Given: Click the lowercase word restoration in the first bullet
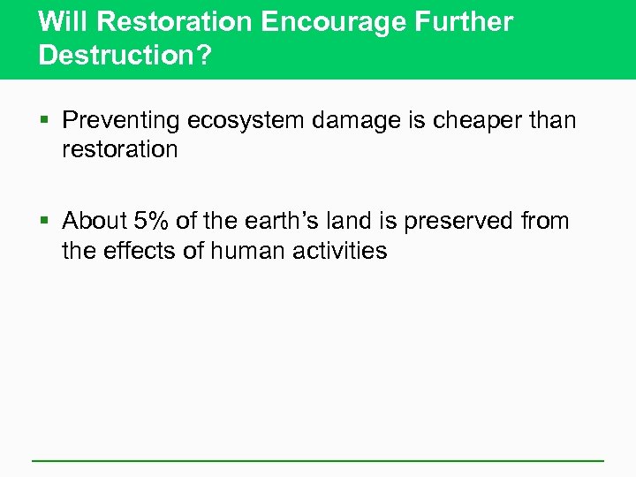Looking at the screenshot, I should click(x=120, y=149).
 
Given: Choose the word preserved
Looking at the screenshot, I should click(x=463, y=220).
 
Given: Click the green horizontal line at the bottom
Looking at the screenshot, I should click(x=318, y=460).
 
